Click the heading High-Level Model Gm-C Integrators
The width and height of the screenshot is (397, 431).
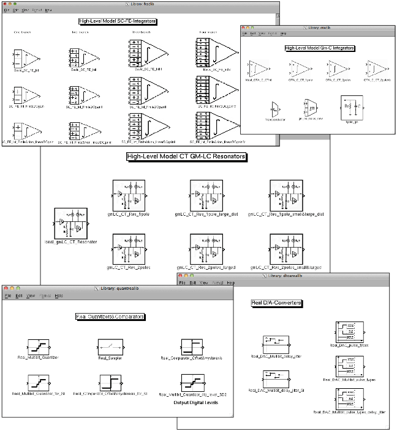(320, 47)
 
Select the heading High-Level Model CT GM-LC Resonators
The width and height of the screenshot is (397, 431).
(186, 157)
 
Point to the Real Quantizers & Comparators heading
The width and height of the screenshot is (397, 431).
(110, 317)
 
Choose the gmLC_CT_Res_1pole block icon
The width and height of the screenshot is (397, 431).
(128, 194)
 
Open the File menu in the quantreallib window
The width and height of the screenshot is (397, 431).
(8, 295)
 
